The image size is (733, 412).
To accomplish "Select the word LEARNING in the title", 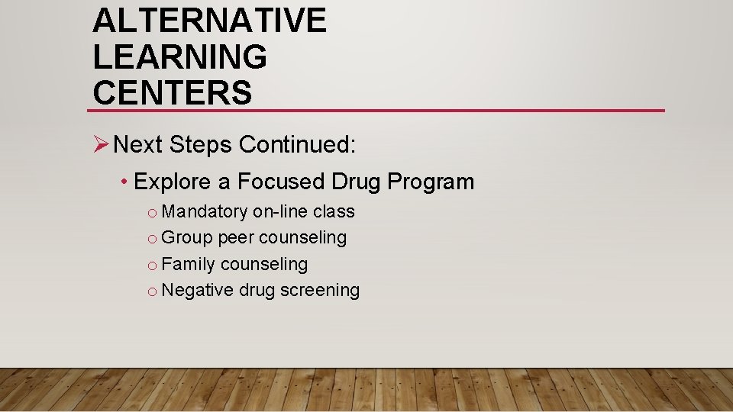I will [x=180, y=56].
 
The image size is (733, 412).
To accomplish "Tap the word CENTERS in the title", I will [x=172, y=92].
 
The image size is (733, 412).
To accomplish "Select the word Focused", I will [x=281, y=182].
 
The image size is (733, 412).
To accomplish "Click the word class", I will [x=334, y=211].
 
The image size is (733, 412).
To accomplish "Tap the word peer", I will [x=236, y=238].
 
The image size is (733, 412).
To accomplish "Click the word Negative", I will [x=198, y=291].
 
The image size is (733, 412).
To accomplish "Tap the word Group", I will [x=187, y=238].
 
